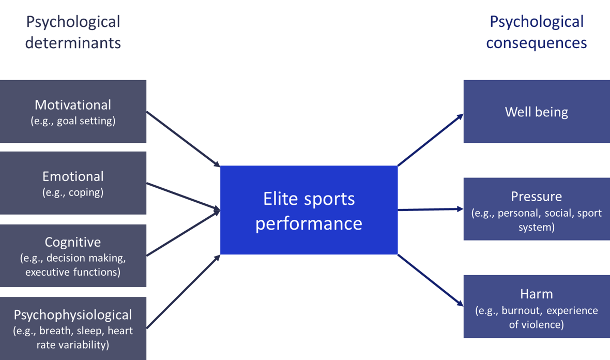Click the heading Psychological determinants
[73, 32]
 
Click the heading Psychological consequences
[536, 32]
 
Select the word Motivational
[73, 105]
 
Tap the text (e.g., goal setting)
[73, 121]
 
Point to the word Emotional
[73, 176]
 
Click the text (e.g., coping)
[73, 192]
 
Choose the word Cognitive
[73, 242]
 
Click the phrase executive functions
[73, 272]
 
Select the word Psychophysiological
[73, 314]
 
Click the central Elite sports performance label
[309, 211]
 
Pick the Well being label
[536, 112]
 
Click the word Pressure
[536, 197]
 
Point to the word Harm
[536, 294]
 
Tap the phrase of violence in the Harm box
[536, 325]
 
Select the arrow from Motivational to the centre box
[184, 139]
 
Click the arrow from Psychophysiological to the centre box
[184, 291]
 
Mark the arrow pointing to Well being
[430, 140]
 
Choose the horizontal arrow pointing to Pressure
[430, 209]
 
